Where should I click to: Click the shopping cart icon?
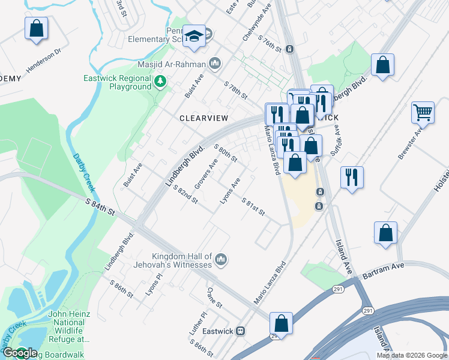pyautogui.click(x=423, y=112)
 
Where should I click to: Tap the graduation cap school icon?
pyautogui.click(x=194, y=36)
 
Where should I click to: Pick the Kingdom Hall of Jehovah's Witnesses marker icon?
pyautogui.click(x=221, y=259)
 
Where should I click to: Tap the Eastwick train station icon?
pyautogui.click(x=241, y=331)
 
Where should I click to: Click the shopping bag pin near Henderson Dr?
pyautogui.click(x=36, y=28)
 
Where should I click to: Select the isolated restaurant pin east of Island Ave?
pyautogui.click(x=352, y=177)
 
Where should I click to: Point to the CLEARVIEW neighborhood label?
pyautogui.click(x=202, y=118)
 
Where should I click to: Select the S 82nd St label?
pyautogui.click(x=185, y=194)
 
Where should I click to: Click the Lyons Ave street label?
pyautogui.click(x=231, y=191)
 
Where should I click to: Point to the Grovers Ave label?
pyautogui.click(x=206, y=173)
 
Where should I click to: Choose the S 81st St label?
pyautogui.click(x=253, y=208)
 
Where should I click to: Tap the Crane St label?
pyautogui.click(x=214, y=297)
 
